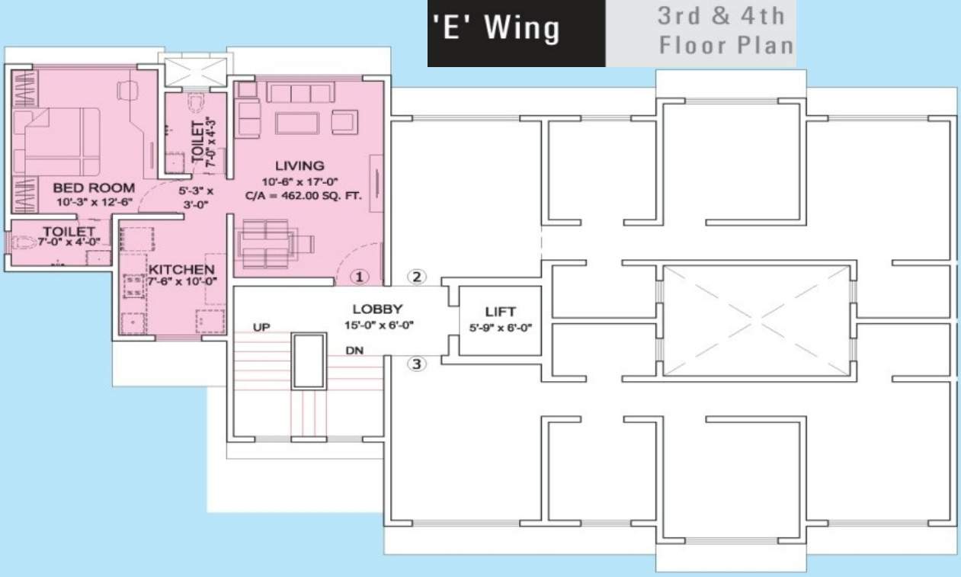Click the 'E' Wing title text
click(495, 28)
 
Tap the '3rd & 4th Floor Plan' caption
click(725, 30)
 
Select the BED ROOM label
click(94, 188)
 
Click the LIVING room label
click(300, 165)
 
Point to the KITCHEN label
click(181, 269)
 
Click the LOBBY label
click(377, 309)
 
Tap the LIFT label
click(500, 312)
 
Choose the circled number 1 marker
click(359, 277)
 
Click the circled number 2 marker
click(417, 277)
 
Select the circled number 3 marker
click(417, 364)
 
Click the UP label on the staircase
click(261, 327)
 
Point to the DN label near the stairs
click(354, 351)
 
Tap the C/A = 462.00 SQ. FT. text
click(303, 196)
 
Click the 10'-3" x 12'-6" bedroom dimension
click(94, 202)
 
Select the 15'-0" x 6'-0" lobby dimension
click(379, 325)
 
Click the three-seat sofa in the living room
click(300, 92)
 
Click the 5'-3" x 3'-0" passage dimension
click(196, 197)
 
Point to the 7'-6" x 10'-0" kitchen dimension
click(182, 281)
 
